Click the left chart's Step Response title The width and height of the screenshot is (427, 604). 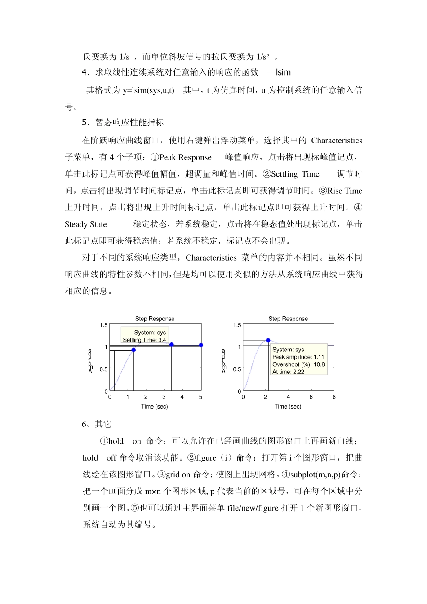pos(155,319)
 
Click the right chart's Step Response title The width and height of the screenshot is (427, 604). pos(288,319)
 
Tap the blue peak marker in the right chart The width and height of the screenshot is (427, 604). pos(268,341)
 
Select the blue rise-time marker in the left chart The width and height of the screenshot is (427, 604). pos(133,350)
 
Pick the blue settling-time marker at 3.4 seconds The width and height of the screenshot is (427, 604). pos(171,345)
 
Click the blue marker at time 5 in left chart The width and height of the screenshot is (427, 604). pos(201,345)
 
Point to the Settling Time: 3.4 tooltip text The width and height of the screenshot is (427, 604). pos(144,340)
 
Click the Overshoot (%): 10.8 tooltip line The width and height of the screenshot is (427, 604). pos(298,364)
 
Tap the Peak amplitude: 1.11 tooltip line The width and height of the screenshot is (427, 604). pos(298,357)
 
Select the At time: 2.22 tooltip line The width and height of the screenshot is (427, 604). pos(288,372)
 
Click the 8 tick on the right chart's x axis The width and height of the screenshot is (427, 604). pos(334,397)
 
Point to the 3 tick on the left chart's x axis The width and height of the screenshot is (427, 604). pos(164,397)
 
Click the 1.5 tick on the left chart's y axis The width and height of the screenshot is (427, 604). pos(103,325)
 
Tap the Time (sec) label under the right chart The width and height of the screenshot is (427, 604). pos(288,406)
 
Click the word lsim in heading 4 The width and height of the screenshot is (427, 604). pos(283,72)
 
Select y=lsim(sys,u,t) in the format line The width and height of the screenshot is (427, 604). pos(148,90)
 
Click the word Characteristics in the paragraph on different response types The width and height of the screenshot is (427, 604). pos(211,258)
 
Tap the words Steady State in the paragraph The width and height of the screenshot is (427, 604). pos(86,224)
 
